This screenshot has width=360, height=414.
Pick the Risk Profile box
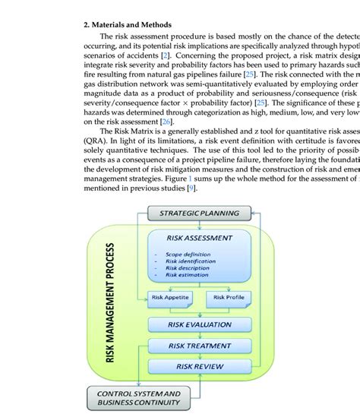coord(229,297)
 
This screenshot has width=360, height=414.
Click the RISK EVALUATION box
coord(199,324)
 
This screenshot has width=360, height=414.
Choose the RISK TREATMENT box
coord(199,346)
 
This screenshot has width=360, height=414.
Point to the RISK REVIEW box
coord(199,366)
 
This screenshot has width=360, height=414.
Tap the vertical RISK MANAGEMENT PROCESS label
coord(110,302)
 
